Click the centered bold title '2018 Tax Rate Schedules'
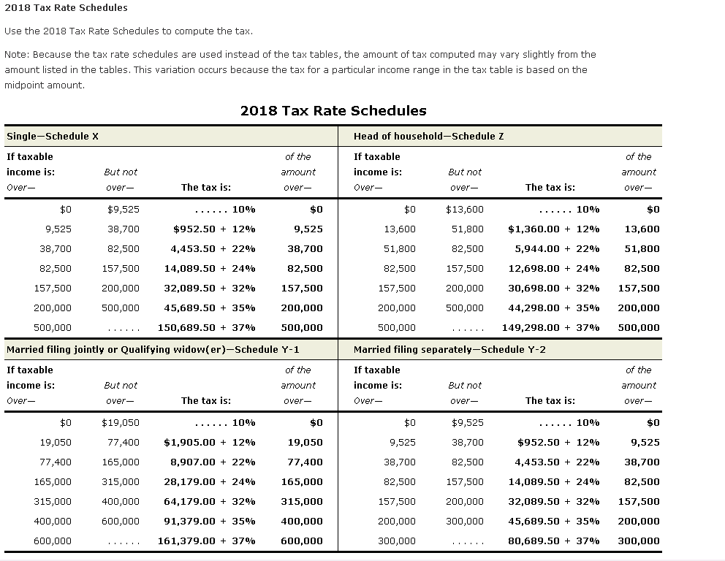point(333,111)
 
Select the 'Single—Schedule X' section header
point(53,136)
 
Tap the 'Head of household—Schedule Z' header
point(428,136)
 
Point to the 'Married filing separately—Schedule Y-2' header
point(449,349)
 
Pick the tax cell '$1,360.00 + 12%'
point(553,229)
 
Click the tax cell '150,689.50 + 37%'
point(206,327)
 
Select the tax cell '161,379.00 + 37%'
point(206,541)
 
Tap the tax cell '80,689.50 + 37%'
point(553,541)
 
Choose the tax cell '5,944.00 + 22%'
point(557,248)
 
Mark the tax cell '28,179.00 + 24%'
point(210,481)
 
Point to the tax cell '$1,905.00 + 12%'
point(210,442)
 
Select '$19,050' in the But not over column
point(121,422)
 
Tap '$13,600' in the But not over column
point(465,209)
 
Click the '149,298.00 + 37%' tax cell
point(550,327)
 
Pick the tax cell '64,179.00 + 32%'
point(210,501)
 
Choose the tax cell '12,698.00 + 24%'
point(553,268)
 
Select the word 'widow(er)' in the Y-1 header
point(198,349)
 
